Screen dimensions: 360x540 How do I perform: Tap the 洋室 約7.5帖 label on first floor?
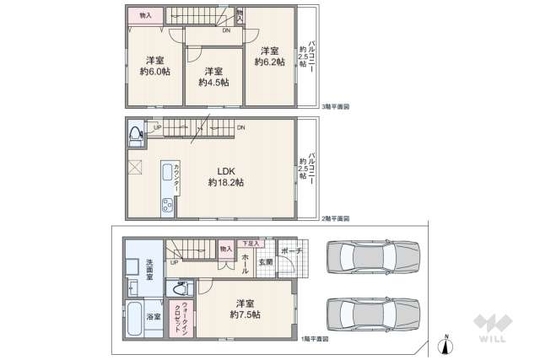point(243,309)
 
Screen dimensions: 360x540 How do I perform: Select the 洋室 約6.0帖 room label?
point(154,67)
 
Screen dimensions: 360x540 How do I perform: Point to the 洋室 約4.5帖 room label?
point(213,77)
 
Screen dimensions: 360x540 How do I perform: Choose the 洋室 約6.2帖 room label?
point(267,56)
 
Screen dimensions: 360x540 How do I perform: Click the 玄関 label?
point(265,261)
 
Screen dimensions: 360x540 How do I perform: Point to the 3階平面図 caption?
point(336,107)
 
